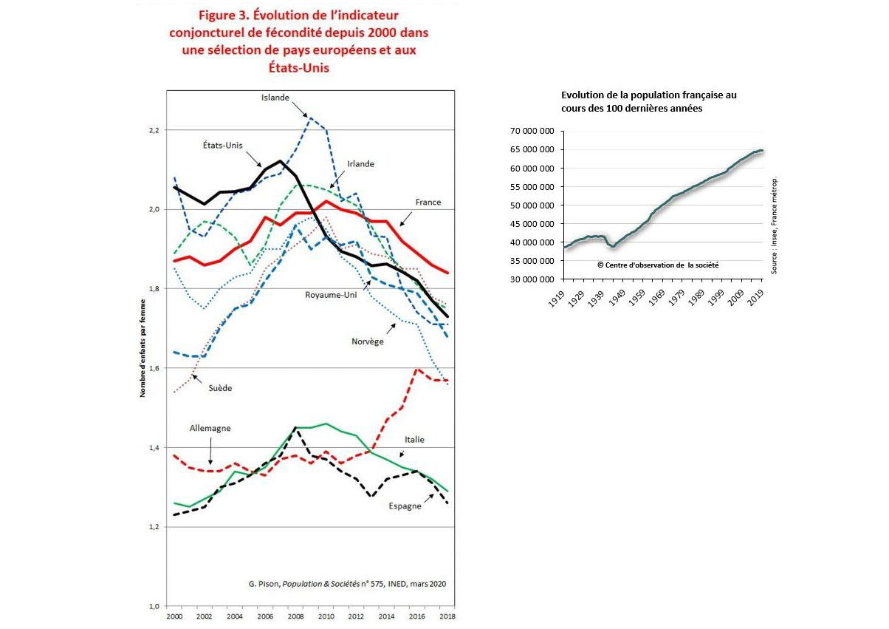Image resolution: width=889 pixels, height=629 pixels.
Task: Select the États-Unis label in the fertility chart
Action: [222, 146]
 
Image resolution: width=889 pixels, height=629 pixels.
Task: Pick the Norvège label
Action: [368, 341]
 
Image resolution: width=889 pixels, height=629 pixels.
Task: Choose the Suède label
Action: [221, 387]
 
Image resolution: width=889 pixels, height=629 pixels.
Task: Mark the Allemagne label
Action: [210, 428]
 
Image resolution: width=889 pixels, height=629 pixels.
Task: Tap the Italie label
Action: [413, 440]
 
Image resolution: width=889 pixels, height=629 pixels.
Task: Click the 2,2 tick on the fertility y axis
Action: [154, 130]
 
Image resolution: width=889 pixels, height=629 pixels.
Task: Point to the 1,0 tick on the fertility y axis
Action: [154, 606]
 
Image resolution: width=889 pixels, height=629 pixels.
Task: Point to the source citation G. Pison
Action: [347, 583]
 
